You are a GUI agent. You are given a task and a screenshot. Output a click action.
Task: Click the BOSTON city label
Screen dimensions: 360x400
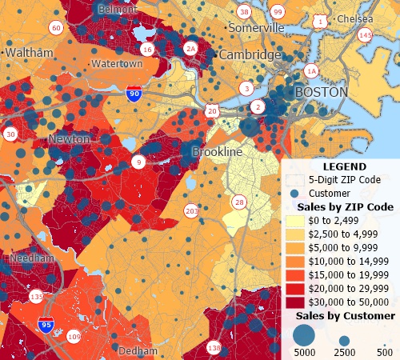(322, 92)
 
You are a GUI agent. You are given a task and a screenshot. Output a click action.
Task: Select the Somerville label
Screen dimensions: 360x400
(256, 27)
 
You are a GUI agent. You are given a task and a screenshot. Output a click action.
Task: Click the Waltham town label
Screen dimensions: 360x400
(29, 52)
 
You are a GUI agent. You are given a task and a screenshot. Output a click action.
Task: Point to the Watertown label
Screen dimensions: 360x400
(117, 63)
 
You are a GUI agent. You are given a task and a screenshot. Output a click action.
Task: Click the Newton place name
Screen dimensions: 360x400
(70, 139)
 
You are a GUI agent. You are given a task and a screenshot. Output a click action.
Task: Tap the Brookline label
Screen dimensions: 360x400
(217, 151)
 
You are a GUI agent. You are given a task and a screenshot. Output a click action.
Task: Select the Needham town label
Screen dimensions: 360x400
(29, 260)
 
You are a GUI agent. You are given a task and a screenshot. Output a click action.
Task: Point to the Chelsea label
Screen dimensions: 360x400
(355, 18)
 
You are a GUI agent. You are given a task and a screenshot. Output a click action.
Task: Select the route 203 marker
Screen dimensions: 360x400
(191, 211)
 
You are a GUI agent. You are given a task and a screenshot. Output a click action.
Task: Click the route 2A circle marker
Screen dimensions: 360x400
(190, 48)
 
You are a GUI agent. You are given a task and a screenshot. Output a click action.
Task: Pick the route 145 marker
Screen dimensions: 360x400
(366, 35)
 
